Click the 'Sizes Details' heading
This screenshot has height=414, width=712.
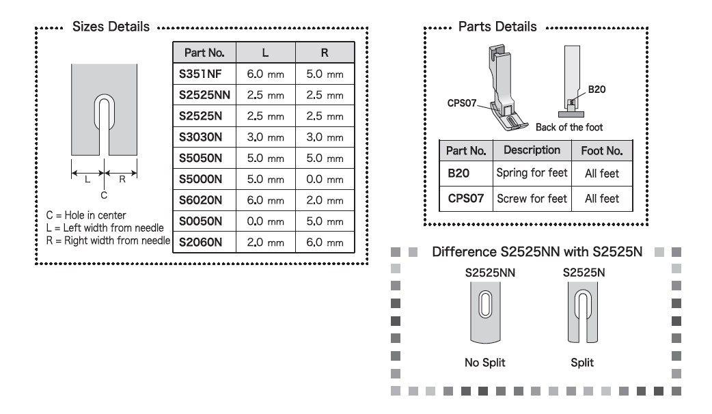point(111,27)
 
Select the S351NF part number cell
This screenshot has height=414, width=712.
point(200,74)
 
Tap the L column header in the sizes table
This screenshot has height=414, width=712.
point(265,53)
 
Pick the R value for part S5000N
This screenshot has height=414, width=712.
point(325,179)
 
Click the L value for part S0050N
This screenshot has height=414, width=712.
point(265,221)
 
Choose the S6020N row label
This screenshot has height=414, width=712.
point(200,200)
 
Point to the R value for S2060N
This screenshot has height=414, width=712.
point(325,243)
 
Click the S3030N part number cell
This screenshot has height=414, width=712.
point(200,137)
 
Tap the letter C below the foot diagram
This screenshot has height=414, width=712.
point(104,195)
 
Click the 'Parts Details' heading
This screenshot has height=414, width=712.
point(497,27)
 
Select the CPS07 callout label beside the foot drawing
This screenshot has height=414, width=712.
point(462,103)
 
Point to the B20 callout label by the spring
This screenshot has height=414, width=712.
point(597,89)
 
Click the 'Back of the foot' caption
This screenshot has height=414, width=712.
point(569,127)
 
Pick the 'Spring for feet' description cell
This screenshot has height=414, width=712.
point(532,173)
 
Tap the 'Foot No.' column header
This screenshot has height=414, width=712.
point(602,151)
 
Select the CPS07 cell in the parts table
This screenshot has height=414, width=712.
point(465,198)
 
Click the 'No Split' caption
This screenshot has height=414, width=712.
point(484,363)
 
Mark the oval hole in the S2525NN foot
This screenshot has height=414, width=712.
point(485,305)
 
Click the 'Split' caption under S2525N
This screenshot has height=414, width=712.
point(582,363)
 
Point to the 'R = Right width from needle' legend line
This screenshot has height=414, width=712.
point(108,240)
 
